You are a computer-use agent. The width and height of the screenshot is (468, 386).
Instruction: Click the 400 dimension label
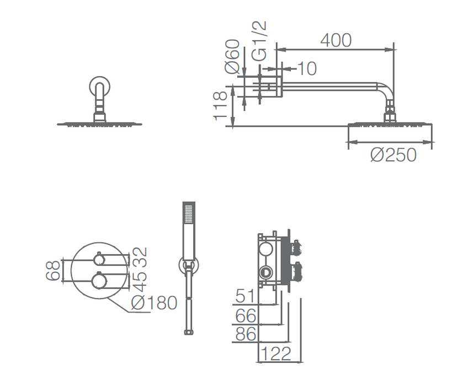tap(336, 40)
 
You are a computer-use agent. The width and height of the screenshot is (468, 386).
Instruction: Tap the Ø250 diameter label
tap(393, 155)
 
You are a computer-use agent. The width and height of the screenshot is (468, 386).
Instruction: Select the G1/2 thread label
tap(259, 41)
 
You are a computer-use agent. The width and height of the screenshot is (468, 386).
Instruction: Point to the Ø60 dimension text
tap(232, 56)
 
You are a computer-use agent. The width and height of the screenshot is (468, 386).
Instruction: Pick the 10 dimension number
tap(307, 68)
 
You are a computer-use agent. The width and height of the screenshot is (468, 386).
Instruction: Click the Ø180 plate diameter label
tap(154, 303)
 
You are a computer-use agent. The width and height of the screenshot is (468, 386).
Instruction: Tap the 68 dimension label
tap(53, 271)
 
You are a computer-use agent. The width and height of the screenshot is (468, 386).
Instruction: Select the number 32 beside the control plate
tap(140, 257)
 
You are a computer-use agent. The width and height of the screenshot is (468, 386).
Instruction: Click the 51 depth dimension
tap(246, 296)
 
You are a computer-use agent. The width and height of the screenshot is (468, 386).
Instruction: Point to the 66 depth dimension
tap(246, 315)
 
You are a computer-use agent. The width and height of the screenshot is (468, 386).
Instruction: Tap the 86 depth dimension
tap(246, 334)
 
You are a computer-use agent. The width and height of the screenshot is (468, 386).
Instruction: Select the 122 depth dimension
tap(275, 354)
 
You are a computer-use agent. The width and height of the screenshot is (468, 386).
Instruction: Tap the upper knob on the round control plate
tap(99, 259)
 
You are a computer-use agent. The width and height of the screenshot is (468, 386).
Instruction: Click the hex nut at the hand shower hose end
tap(189, 332)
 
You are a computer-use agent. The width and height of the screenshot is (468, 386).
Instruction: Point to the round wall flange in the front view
tap(99, 87)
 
